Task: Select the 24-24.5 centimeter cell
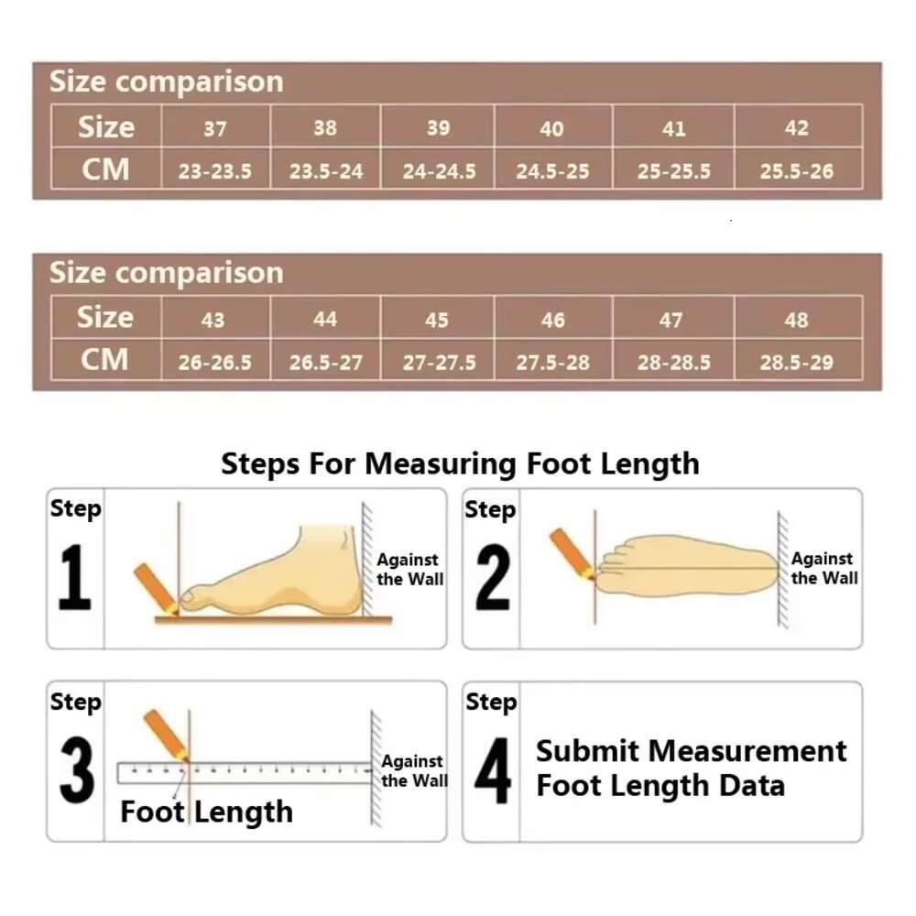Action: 439,171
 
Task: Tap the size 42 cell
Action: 797,128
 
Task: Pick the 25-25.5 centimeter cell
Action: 673,171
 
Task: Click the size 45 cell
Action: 437,320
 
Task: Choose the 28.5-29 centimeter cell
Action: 797,362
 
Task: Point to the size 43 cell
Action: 213,320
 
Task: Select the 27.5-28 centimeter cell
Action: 552,362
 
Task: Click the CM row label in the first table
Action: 105,169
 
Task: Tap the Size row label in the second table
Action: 105,318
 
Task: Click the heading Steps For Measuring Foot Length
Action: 460,463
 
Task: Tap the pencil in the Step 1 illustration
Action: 155,588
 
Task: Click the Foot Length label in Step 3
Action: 206,812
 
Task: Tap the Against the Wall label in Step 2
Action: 824,568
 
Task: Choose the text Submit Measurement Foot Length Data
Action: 691,768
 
